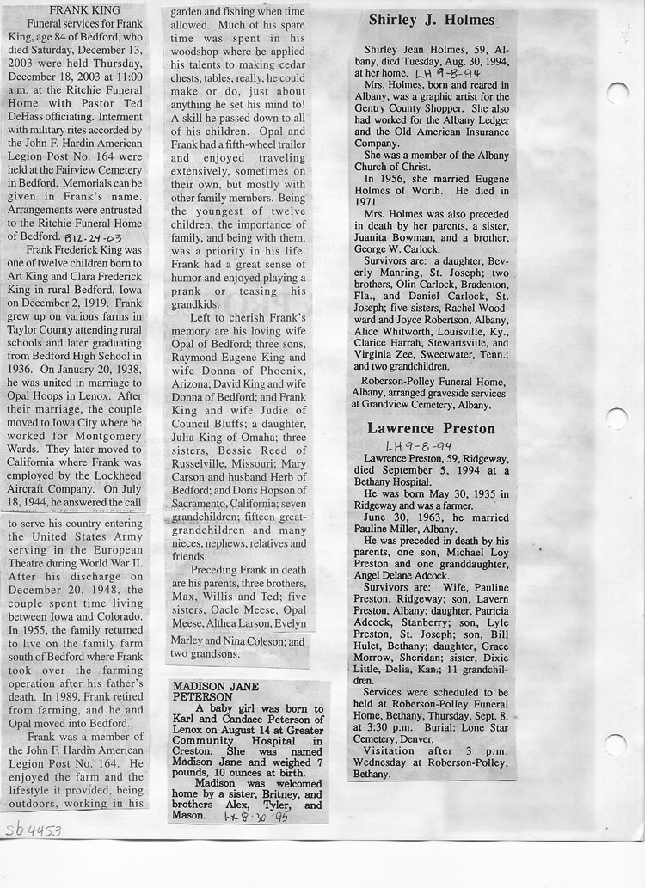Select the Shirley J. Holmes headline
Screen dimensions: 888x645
(x=431, y=20)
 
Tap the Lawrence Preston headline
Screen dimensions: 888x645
(x=431, y=428)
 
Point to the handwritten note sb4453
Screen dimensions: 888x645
(x=33, y=831)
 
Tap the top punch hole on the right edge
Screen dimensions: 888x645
(x=617, y=93)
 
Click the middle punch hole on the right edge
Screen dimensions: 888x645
(x=617, y=419)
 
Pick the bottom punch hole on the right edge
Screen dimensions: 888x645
(x=616, y=744)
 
